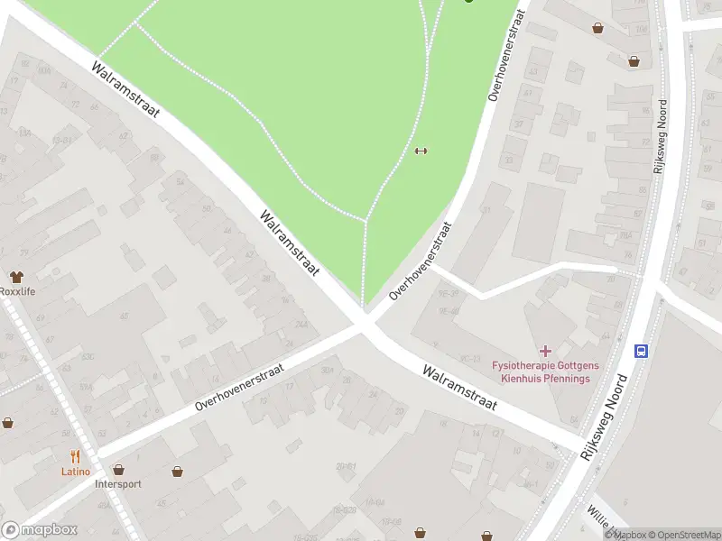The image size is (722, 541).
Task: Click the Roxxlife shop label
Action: [x=17, y=291]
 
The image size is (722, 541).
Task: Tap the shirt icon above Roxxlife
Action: [x=16, y=276]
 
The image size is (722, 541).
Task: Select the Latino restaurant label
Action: [x=76, y=472]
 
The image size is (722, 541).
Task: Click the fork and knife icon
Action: [x=76, y=456]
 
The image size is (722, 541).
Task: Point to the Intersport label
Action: [x=118, y=483]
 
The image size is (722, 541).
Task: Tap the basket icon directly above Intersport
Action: [x=118, y=469]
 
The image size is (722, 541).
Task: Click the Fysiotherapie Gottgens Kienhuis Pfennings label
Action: [x=541, y=371]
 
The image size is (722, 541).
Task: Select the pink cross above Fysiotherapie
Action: [x=545, y=350]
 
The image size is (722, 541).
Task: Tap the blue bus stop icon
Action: [x=641, y=350]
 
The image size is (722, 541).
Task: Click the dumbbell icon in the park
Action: [x=420, y=151]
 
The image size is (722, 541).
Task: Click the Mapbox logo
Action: [x=39, y=530]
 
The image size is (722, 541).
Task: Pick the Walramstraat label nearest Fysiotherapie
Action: [x=459, y=387]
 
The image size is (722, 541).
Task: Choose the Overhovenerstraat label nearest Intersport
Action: [x=239, y=388]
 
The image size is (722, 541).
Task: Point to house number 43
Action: [x=533, y=71]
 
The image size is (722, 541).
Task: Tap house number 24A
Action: [x=301, y=325]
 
